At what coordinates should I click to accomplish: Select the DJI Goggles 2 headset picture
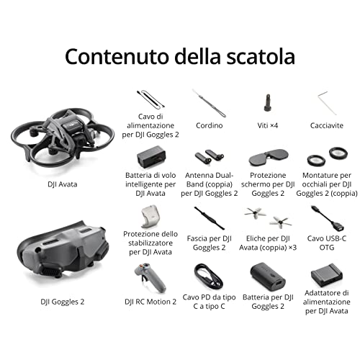(x=63, y=254)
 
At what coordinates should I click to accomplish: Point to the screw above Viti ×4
(x=268, y=103)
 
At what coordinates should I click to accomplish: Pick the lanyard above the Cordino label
(x=209, y=103)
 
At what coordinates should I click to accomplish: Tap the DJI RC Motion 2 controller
(x=150, y=278)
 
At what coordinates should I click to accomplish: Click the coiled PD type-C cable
(x=208, y=278)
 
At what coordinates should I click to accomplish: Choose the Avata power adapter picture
(x=327, y=275)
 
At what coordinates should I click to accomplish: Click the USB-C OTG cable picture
(x=328, y=219)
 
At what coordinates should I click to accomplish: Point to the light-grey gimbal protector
(x=150, y=216)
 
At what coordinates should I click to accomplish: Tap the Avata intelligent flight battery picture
(x=151, y=157)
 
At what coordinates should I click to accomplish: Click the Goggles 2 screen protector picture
(x=268, y=158)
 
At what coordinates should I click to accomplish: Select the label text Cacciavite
(x=327, y=125)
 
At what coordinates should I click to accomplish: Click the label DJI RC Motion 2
(x=150, y=302)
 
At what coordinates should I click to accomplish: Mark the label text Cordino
(x=209, y=125)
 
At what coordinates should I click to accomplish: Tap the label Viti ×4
(x=268, y=125)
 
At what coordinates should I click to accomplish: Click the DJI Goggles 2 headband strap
(x=210, y=218)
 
